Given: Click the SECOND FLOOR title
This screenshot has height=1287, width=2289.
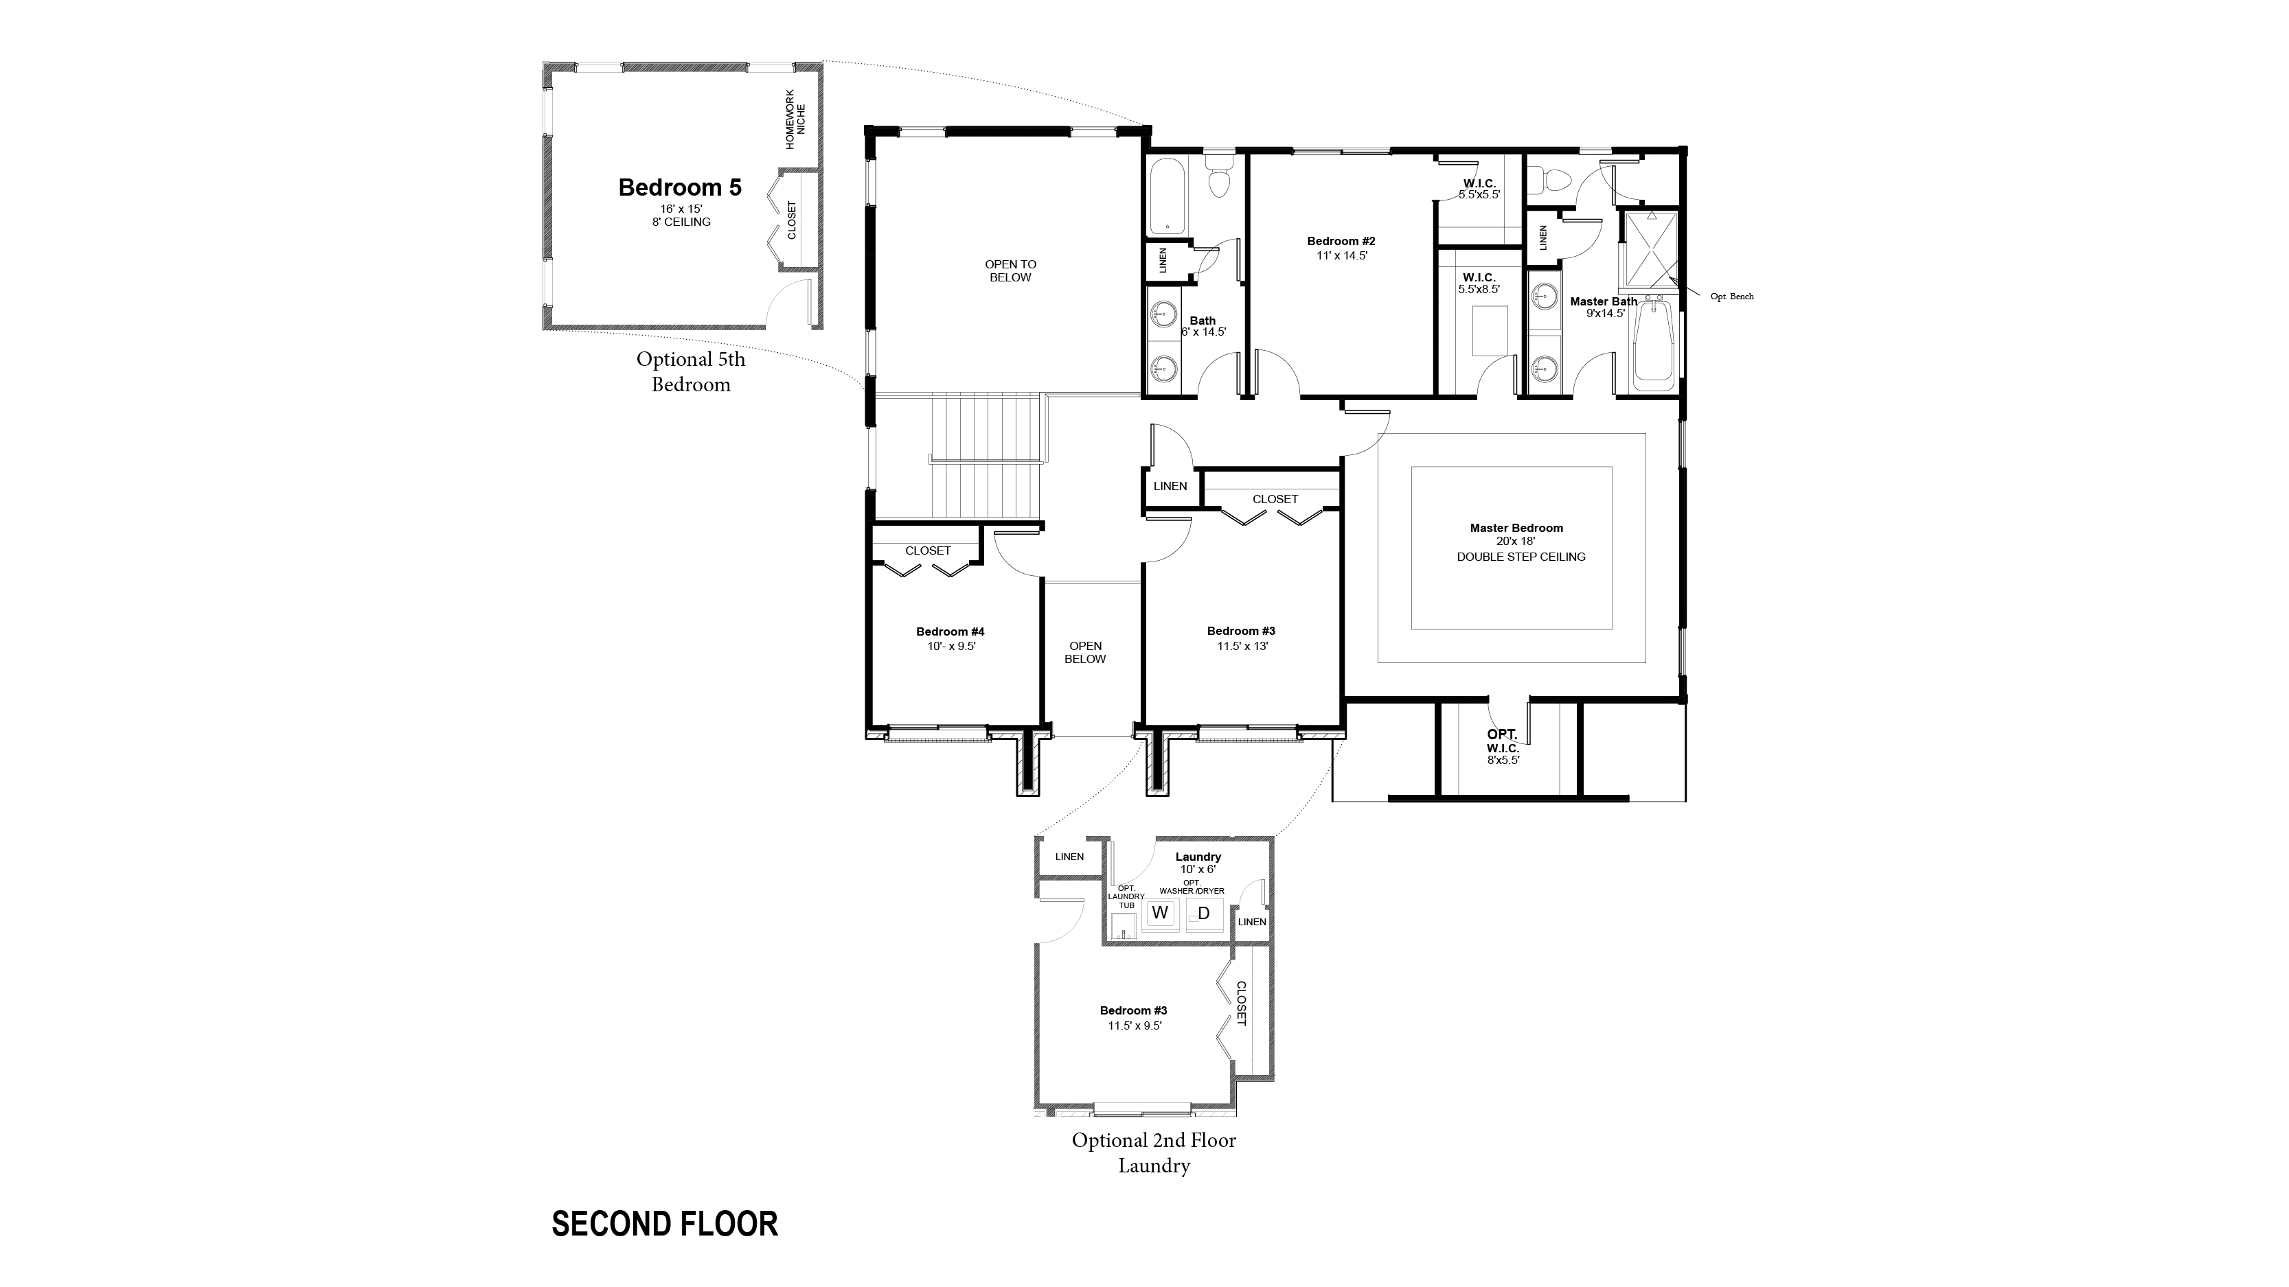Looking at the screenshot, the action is pyautogui.click(x=665, y=1224).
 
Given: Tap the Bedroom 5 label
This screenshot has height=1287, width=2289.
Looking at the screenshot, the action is pyautogui.click(x=680, y=187).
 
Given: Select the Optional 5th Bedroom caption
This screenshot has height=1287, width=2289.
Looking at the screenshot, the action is pyautogui.click(x=690, y=372).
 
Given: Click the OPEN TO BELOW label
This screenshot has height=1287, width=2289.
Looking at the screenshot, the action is pyautogui.click(x=1010, y=271).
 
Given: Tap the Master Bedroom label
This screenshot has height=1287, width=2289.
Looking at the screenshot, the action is pyautogui.click(x=1516, y=528).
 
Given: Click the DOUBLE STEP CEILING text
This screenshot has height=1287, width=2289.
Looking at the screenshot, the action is pyautogui.click(x=1521, y=557).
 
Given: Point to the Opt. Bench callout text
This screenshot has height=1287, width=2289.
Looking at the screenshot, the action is pyautogui.click(x=1732, y=297).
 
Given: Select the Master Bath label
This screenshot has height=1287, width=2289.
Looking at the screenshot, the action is pyautogui.click(x=1603, y=302).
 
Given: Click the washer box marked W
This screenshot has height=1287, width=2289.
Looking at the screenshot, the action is pyautogui.click(x=1159, y=913).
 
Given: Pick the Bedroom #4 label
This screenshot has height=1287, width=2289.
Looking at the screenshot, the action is pyautogui.click(x=950, y=632).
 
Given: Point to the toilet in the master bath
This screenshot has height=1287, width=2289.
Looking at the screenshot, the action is pyautogui.click(x=1553, y=181).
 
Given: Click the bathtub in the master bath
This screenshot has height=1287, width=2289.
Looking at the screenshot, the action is pyautogui.click(x=1653, y=344).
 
